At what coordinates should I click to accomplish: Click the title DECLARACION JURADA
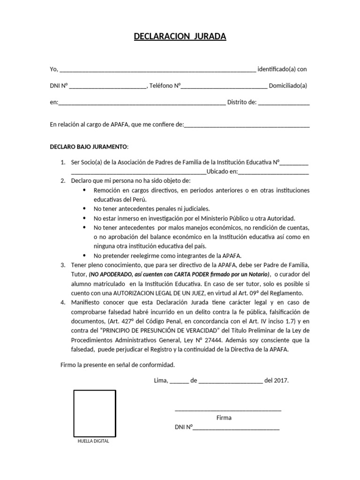[x=180, y=37]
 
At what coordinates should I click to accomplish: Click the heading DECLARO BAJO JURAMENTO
[x=88, y=146]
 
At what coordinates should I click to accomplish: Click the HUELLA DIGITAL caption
[x=93, y=442]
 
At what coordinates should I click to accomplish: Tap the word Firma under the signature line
[x=224, y=418]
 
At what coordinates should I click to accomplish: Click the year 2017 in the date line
[x=281, y=380]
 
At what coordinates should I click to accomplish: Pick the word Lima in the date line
[x=161, y=380]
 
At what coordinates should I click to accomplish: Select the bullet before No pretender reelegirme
[x=84, y=256]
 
